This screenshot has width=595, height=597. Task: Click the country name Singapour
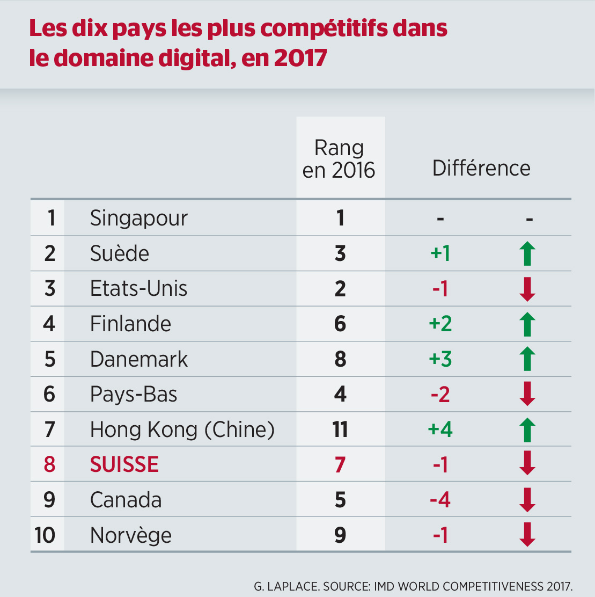[x=138, y=219]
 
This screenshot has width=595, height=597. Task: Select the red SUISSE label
[x=124, y=464]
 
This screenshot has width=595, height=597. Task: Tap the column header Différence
[x=481, y=169]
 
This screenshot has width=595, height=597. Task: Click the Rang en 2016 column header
[x=339, y=159]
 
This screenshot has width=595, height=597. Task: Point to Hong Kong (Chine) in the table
[x=182, y=429]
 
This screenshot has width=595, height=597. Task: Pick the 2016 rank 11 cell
[x=340, y=429]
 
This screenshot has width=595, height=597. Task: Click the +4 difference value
[x=440, y=429]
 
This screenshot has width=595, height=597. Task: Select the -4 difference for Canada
[x=440, y=500]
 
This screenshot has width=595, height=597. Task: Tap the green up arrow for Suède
[x=528, y=253]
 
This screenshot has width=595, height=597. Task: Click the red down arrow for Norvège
[x=528, y=535]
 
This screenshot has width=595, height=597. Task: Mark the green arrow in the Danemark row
[x=528, y=359]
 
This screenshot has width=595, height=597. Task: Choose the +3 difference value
[x=440, y=359]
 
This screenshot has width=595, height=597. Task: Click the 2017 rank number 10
[x=45, y=535]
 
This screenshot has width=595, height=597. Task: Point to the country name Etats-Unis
[x=138, y=289]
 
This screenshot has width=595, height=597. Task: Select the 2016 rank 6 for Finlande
[x=340, y=324]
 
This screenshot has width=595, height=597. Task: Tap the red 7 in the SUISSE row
[x=340, y=464]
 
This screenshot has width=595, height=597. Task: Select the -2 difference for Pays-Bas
[x=440, y=395]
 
